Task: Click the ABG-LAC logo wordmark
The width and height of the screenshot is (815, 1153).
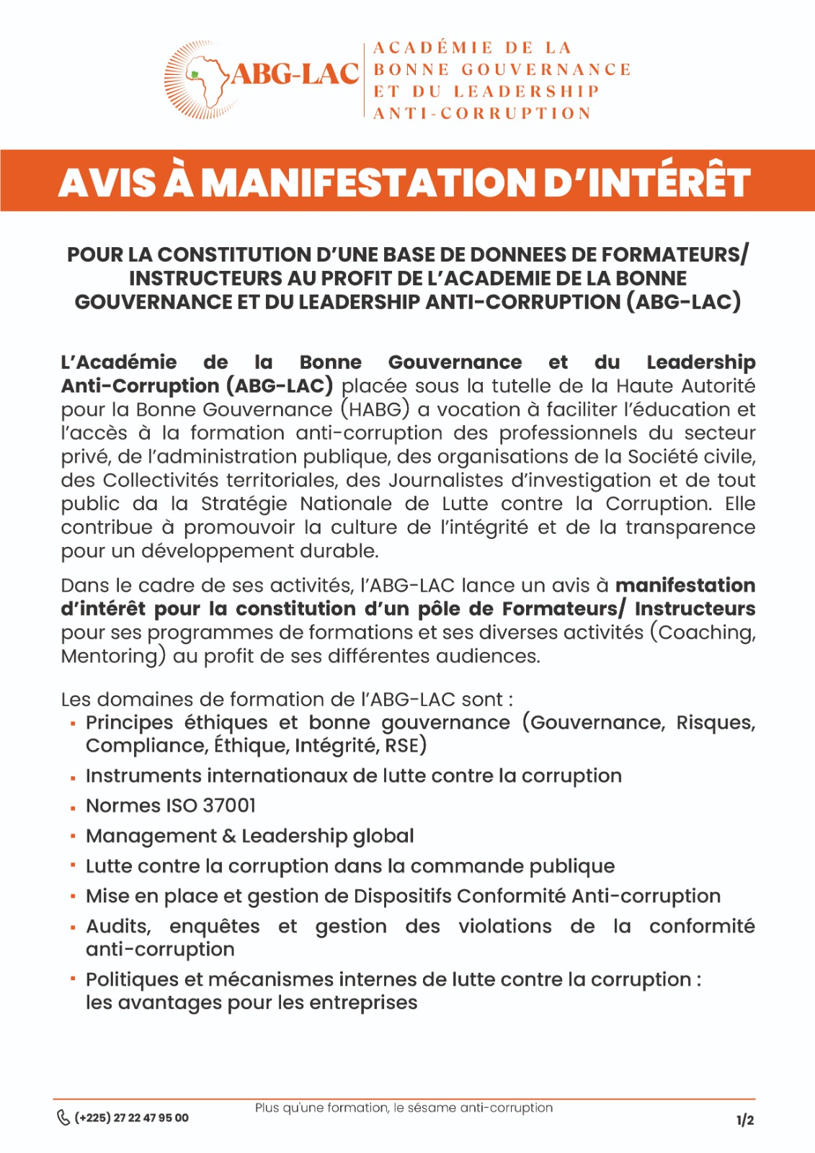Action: pyautogui.click(x=295, y=74)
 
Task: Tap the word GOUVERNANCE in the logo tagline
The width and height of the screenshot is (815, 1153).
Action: pyautogui.click(x=545, y=70)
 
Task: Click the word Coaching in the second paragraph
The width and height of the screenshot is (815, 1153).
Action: pyautogui.click(x=707, y=633)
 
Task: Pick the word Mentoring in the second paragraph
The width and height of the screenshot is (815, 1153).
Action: pyautogui.click(x=109, y=656)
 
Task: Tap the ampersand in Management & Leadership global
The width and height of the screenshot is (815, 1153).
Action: pyautogui.click(x=229, y=837)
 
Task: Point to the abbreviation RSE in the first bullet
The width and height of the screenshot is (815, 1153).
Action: pyautogui.click(x=401, y=745)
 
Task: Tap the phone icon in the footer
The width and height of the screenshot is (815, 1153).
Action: pyautogui.click(x=63, y=1118)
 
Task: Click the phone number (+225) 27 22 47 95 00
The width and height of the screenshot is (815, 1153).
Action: pyautogui.click(x=132, y=1118)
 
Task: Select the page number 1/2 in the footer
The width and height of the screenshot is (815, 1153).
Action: pyautogui.click(x=745, y=1120)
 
